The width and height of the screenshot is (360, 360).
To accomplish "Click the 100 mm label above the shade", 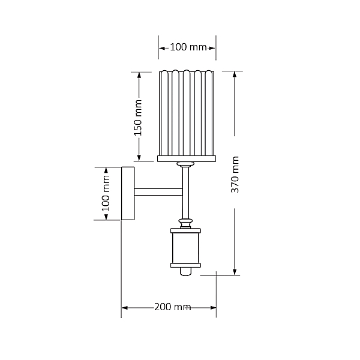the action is (188, 47).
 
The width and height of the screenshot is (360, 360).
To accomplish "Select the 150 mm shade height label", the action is (138, 118).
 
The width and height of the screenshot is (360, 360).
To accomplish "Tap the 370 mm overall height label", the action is (235, 175).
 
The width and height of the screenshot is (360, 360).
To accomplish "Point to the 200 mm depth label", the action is (172, 307).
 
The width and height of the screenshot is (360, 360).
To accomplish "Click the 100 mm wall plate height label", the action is (106, 193).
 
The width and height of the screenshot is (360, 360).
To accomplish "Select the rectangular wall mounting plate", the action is (128, 194).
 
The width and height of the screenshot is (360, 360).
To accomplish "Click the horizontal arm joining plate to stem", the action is (158, 192).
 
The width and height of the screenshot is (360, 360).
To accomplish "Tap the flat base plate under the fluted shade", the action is (187, 158).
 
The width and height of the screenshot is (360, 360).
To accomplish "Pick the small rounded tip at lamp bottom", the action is (185, 271).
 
